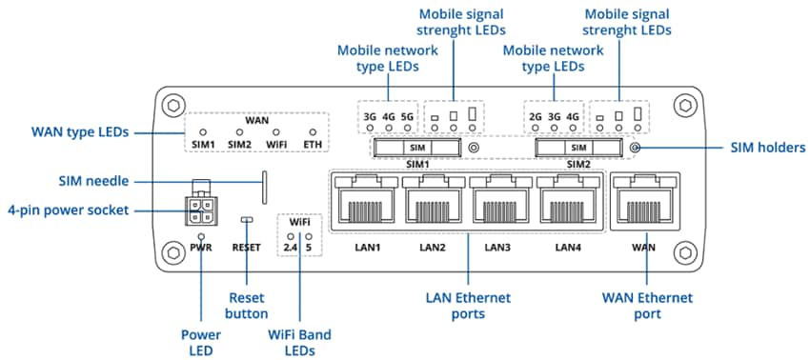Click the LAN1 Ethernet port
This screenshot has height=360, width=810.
pos(364,200)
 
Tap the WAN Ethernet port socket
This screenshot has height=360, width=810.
pos(644,200)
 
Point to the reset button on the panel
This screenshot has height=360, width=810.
pos(247,220)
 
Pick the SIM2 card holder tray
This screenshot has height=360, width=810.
pos(577,148)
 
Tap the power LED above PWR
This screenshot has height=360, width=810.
pos(201,235)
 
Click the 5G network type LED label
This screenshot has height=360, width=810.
pos(408,118)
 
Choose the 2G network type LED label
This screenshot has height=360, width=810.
pos(535,118)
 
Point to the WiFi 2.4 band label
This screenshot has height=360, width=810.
pos(290,248)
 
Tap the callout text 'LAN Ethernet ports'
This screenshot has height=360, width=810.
pos(469,305)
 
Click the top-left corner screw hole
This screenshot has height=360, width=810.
pos(172,103)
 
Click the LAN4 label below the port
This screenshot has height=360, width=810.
pos(567,248)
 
